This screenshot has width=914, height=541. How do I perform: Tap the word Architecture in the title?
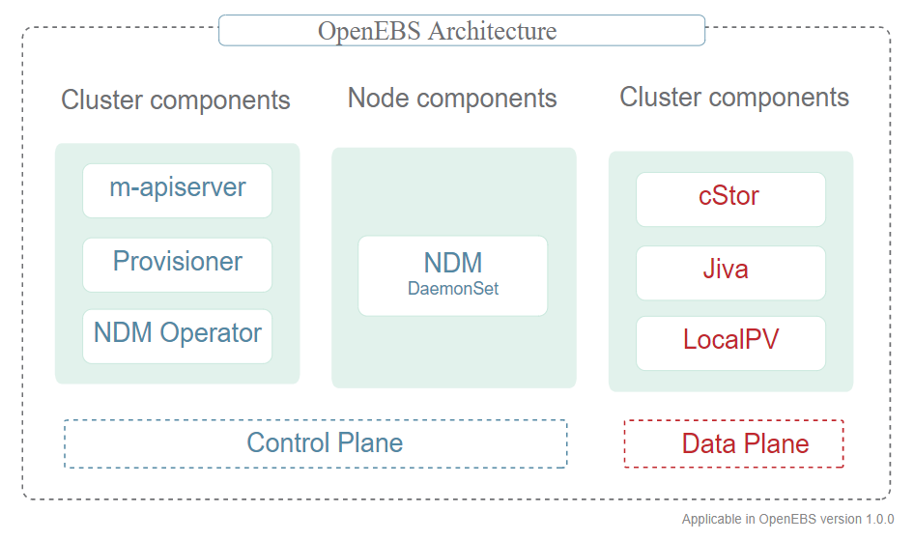pyautogui.click(x=492, y=31)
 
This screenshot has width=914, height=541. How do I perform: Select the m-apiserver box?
pyautogui.click(x=177, y=190)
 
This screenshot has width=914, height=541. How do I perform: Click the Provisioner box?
pyautogui.click(x=177, y=264)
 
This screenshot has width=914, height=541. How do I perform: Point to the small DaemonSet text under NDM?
pyautogui.click(x=453, y=289)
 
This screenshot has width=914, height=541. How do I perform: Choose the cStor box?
pyautogui.click(x=729, y=198)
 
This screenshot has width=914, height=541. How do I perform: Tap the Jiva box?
pyautogui.click(x=729, y=271)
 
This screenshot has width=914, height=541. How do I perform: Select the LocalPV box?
pyautogui.click(x=729, y=342)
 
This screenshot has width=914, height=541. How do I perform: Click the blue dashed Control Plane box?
pyautogui.click(x=315, y=443)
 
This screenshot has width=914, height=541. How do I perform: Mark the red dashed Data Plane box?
pyautogui.click(x=733, y=443)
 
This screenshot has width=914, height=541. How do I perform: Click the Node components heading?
pyautogui.click(x=452, y=99)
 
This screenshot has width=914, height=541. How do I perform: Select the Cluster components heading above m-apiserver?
pyautogui.click(x=176, y=100)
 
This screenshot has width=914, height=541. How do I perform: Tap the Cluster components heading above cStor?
pyautogui.click(x=734, y=98)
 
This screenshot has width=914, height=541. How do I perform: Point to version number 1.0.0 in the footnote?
pyautogui.click(x=875, y=520)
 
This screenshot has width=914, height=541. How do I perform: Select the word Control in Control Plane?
pyautogui.click(x=281, y=443)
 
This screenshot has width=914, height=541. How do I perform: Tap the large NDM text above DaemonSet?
pyautogui.click(x=453, y=263)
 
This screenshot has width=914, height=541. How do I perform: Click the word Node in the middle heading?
pyautogui.click(x=379, y=99)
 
